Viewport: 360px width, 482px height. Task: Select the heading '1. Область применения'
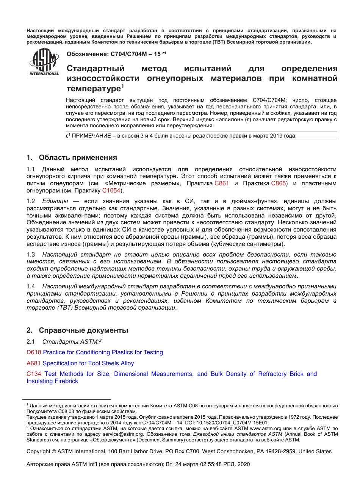[72, 158]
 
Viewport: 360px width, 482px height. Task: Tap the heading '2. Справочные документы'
[77, 330]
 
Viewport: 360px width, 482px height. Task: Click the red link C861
[222, 183]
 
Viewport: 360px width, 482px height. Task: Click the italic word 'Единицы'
[55, 201]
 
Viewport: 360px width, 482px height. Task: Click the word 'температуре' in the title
[93, 89]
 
